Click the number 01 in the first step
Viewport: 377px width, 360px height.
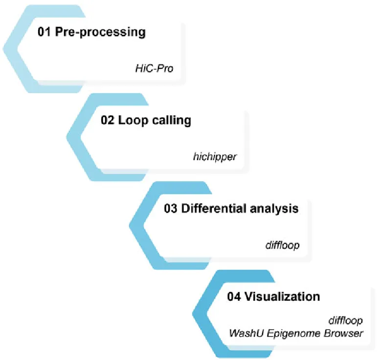[x=44, y=32]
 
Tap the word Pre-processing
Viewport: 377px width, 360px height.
[x=100, y=32]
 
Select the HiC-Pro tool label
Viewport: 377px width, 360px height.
[x=155, y=68]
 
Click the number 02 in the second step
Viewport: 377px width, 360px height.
[x=107, y=120]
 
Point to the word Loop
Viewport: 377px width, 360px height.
[x=133, y=121]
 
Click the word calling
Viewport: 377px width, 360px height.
[x=172, y=121]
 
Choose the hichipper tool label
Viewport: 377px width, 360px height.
[x=215, y=157]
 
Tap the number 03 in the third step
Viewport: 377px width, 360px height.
[x=171, y=209]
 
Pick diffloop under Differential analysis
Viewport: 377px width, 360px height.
[x=283, y=245]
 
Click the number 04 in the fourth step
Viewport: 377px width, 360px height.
[x=234, y=296]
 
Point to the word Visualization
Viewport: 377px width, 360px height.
[x=282, y=296]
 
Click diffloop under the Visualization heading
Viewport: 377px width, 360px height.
[x=346, y=320]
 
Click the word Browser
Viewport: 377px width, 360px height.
[x=343, y=333]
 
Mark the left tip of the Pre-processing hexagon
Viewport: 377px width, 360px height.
[x=2, y=49]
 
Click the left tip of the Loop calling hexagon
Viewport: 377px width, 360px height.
[x=67, y=137]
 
